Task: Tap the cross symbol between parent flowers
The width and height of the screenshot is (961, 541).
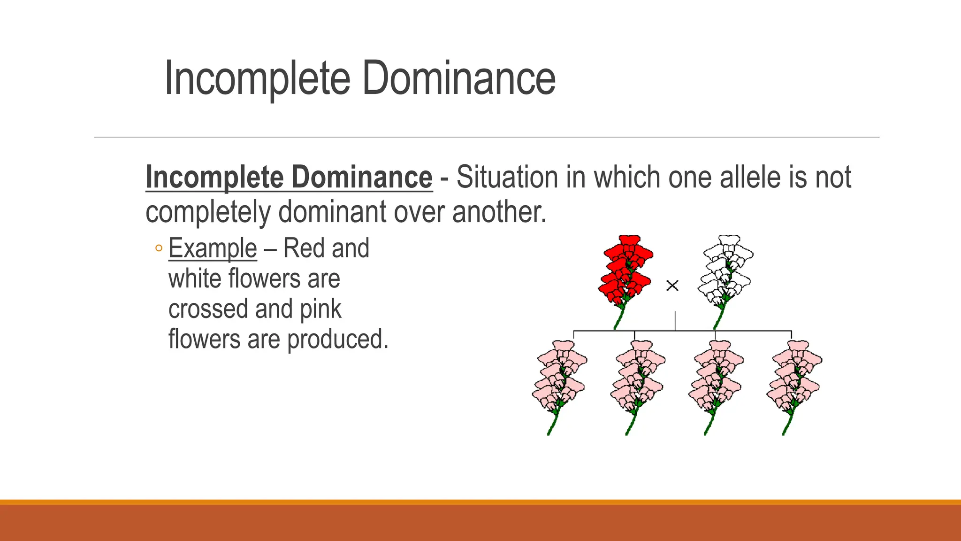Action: pos(672,285)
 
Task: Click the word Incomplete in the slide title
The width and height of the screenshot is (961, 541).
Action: pos(257,78)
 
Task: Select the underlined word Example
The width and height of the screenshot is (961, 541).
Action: pos(213,248)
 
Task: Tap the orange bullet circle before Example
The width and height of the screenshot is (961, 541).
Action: pos(159,248)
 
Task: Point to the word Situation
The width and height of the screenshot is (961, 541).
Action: pos(507,178)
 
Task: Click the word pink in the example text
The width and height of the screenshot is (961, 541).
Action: pos(320,309)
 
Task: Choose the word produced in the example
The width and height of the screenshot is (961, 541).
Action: pos(337,340)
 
